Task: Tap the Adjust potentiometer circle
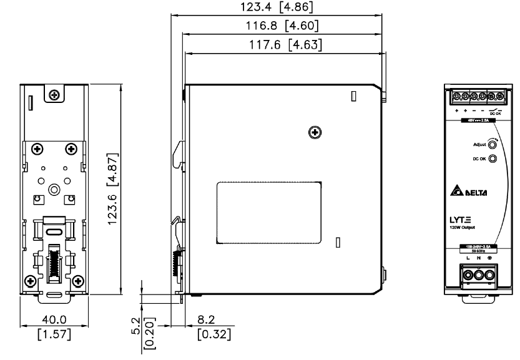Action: click(493, 144)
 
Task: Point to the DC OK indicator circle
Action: click(493, 158)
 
